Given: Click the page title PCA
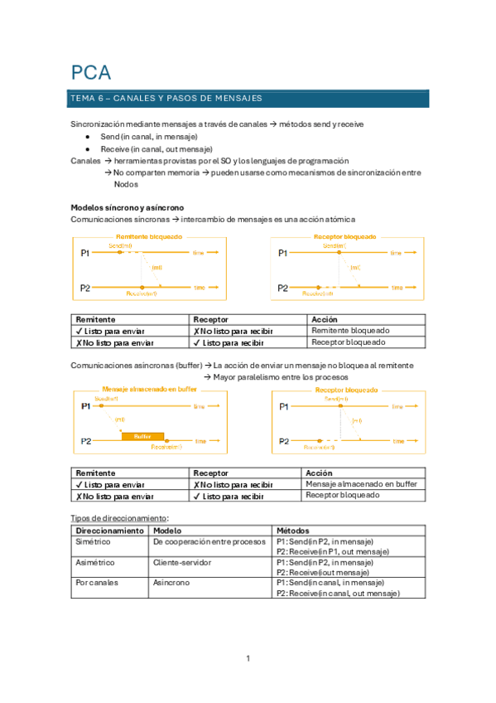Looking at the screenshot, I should point(90,72).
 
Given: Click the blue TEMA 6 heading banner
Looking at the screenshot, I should point(248,99).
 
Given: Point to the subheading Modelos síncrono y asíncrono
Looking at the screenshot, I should point(128,207).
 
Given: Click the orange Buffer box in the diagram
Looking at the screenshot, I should point(142,436).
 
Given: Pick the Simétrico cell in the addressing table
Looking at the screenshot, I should point(93,541).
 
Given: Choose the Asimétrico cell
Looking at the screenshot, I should point(95,562).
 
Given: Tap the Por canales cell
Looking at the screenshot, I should point(97,583).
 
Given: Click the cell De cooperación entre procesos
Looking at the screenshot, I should point(208,541).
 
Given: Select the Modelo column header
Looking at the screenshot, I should point(168,530).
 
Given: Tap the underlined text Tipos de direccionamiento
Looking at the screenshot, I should point(120,517).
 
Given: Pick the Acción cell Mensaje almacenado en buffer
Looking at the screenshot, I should point(361,484).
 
